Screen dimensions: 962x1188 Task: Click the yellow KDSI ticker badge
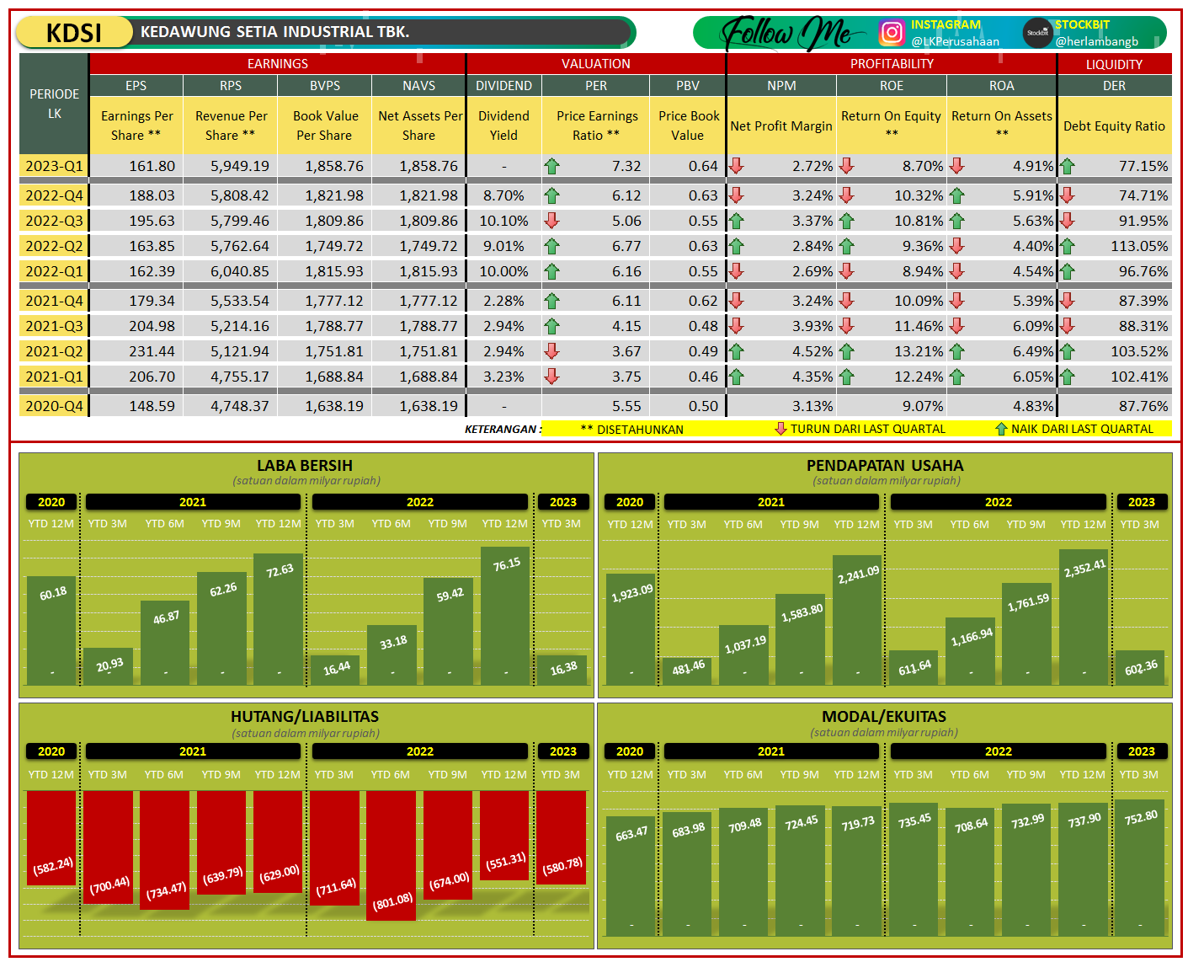(x=74, y=33)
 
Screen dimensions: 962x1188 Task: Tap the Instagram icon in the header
(x=891, y=32)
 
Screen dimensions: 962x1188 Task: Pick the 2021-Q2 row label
(x=54, y=351)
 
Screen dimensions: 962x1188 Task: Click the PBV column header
(x=687, y=86)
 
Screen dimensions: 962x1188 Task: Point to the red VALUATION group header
(x=595, y=64)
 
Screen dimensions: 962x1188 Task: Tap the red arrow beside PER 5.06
(x=551, y=221)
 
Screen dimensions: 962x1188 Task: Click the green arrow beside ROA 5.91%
(x=956, y=195)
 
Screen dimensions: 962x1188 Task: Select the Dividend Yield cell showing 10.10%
(x=503, y=221)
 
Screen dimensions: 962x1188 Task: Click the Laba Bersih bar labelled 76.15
(x=505, y=615)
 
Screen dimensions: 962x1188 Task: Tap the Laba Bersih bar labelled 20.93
(x=108, y=665)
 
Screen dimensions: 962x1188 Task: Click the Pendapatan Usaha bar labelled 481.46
(x=687, y=671)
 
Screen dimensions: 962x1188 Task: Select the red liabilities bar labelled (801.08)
(x=392, y=854)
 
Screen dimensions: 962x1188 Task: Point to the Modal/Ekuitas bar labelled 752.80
(x=1140, y=867)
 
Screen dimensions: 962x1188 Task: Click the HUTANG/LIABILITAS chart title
(x=305, y=717)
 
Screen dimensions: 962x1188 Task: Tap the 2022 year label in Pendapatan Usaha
(x=998, y=502)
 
